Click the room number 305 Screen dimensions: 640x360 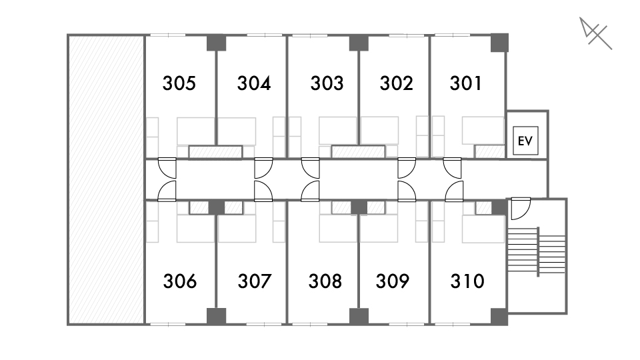coord(179,83)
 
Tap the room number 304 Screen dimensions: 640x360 coord(254,83)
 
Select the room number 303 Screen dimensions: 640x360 coord(327,83)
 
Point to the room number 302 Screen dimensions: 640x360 coord(396,83)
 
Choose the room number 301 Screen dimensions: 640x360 coord(466,83)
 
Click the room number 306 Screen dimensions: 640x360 coord(180,281)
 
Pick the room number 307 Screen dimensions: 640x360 coord(255,281)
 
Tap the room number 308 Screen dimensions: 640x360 coord(325,281)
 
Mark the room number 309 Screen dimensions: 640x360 coord(392,281)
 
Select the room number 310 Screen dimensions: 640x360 coord(467,281)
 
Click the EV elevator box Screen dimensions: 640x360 coord(525,141)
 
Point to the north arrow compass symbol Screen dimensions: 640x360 coord(595,33)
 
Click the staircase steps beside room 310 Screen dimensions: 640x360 coord(537,251)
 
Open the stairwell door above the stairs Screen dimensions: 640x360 coord(521,209)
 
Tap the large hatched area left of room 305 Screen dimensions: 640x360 coord(106,179)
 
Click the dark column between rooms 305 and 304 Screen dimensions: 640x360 coord(216,43)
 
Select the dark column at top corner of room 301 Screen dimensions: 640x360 coord(499,43)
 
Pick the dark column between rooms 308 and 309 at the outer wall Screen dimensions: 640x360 coord(359,316)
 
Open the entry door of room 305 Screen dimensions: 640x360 coord(167,168)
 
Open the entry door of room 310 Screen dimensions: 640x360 coord(454,191)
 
